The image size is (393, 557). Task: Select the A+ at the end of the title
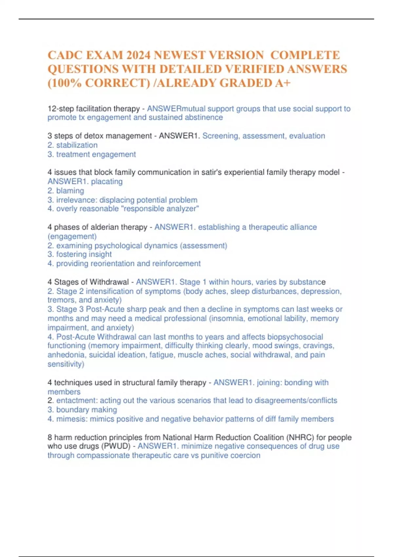283,83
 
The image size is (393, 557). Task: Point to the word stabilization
77,145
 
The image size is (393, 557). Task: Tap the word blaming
70,191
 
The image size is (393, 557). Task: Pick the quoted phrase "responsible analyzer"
160,209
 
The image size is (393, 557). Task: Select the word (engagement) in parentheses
72,236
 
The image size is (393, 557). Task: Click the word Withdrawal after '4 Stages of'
109,282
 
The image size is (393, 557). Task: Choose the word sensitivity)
65,364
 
